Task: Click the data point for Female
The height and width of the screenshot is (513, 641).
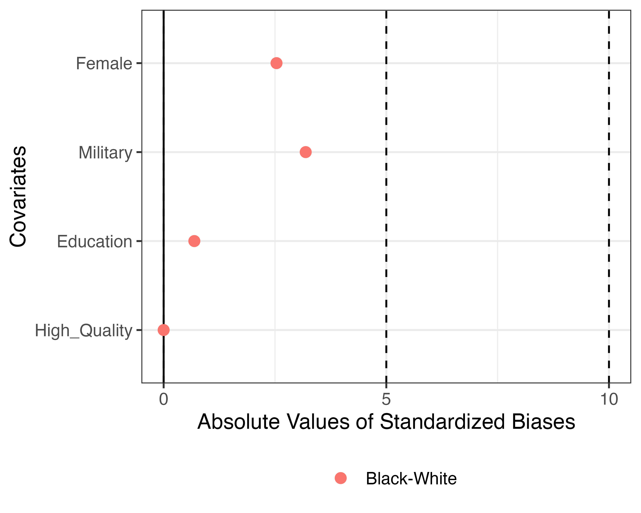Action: click(276, 63)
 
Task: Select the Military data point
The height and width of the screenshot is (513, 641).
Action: click(305, 152)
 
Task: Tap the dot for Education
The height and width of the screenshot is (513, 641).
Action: click(194, 241)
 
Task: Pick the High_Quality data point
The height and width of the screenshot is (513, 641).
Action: click(163, 330)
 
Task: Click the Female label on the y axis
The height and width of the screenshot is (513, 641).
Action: click(104, 64)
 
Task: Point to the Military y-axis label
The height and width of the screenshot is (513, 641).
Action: click(105, 153)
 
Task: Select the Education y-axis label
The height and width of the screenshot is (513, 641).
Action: click(94, 242)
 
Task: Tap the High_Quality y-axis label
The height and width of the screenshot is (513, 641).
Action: click(83, 331)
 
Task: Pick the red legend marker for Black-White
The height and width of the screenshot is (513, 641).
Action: click(340, 478)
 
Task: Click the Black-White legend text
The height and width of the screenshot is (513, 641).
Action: click(411, 479)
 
